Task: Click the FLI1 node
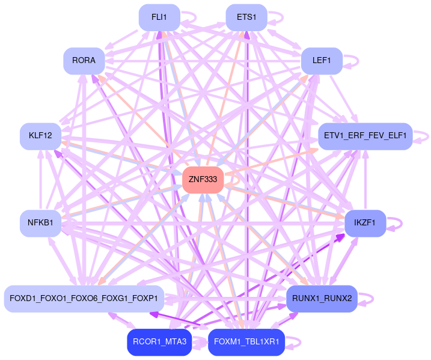159,17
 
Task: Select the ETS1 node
246,17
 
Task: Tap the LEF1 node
322,61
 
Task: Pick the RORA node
84,61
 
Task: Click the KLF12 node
40,136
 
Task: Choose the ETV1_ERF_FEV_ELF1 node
365,136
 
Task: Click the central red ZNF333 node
203,180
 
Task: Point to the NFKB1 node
40,223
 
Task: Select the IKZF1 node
365,223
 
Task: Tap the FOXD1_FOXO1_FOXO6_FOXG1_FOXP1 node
84,299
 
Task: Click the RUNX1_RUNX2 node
322,299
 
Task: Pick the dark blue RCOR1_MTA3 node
159,342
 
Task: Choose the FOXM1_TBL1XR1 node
246,342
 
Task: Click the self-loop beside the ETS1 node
277,17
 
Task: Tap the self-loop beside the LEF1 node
352,61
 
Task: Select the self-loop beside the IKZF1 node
395,223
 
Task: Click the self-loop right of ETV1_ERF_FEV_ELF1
422,136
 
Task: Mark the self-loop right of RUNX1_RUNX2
367,299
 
